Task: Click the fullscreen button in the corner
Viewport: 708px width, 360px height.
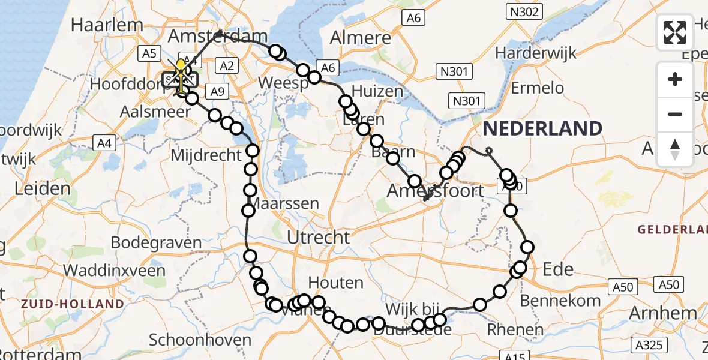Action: (675, 32)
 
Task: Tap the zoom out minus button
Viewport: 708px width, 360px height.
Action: (675, 114)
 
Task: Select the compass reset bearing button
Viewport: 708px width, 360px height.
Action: (675, 149)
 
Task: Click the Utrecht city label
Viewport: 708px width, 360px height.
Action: (318, 238)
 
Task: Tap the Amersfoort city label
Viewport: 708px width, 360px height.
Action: (435, 191)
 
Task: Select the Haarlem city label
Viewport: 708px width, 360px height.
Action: (107, 25)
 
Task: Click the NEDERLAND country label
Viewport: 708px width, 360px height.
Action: (542, 128)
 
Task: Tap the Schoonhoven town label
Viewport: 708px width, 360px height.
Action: (200, 340)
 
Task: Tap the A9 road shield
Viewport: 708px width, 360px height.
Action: (217, 91)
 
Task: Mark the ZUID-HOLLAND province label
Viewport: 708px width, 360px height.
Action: (72, 304)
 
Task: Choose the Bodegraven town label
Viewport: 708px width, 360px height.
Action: (156, 243)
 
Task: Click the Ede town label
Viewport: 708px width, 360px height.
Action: (558, 269)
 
